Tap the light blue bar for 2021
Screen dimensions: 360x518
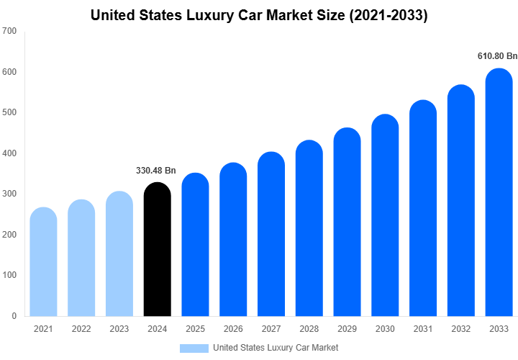pyautogui.click(x=43, y=262)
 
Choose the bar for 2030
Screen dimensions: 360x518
pyautogui.click(x=385, y=216)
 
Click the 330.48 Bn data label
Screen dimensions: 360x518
pyautogui.click(x=156, y=171)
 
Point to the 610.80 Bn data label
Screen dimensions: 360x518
pyautogui.click(x=497, y=55)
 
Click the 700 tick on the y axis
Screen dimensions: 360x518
pyautogui.click(x=10, y=32)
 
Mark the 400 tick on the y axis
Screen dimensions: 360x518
pyautogui.click(x=10, y=153)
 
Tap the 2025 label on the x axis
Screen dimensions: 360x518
pyautogui.click(x=195, y=329)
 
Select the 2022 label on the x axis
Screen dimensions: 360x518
pyautogui.click(x=81, y=329)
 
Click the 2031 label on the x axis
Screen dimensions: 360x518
pyautogui.click(x=423, y=329)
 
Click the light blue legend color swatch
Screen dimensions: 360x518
pyautogui.click(x=194, y=348)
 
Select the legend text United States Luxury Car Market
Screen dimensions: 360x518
pyautogui.click(x=276, y=348)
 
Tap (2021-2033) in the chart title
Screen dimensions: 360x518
pyautogui.click(x=388, y=15)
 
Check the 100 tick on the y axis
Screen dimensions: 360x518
pyautogui.click(x=10, y=275)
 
